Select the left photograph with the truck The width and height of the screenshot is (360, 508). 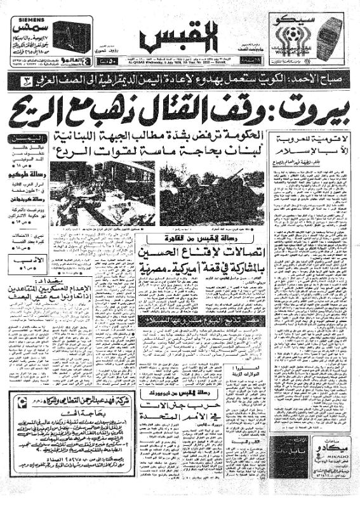pos(102,193)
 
